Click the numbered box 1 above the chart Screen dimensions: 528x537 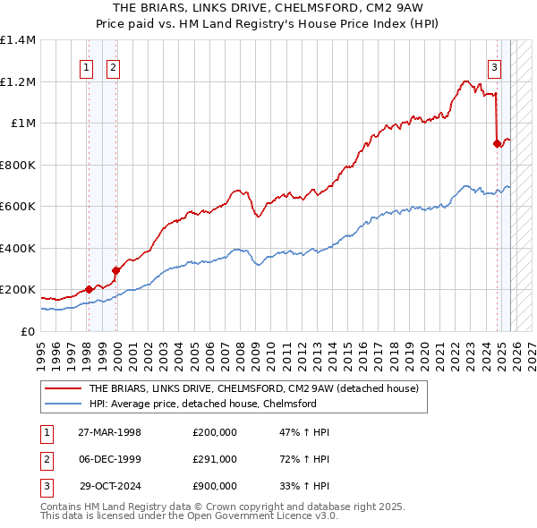[x=88, y=66]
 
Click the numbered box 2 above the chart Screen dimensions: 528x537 [x=114, y=66]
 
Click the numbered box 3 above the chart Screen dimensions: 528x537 [x=494, y=66]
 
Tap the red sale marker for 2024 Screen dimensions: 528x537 [x=497, y=142]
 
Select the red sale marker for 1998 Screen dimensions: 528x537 [x=89, y=289]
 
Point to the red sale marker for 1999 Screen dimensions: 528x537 [x=115, y=270]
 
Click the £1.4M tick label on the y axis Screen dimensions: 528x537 [x=18, y=40]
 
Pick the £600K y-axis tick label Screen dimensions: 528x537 [x=18, y=207]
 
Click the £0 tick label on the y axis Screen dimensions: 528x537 [x=29, y=331]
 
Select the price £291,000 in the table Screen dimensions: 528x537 [x=215, y=459]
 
